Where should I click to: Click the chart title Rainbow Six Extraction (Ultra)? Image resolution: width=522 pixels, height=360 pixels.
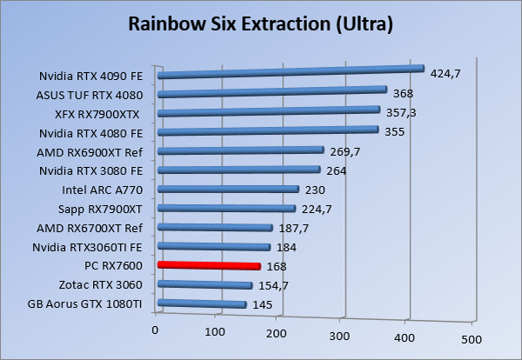click(261, 23)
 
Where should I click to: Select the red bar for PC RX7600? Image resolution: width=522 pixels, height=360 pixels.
click(209, 265)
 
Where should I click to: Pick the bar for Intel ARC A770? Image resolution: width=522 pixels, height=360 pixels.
click(228, 190)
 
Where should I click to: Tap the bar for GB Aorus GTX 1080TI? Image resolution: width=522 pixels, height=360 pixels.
click(202, 303)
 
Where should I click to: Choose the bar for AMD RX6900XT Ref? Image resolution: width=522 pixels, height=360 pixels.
click(240, 151)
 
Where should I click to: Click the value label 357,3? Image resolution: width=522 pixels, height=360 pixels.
click(403, 113)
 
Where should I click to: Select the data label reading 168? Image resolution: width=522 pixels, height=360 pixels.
click(278, 267)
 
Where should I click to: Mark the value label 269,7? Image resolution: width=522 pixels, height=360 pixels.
click(345, 151)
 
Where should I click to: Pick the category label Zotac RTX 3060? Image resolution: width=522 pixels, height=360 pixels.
click(103, 284)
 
